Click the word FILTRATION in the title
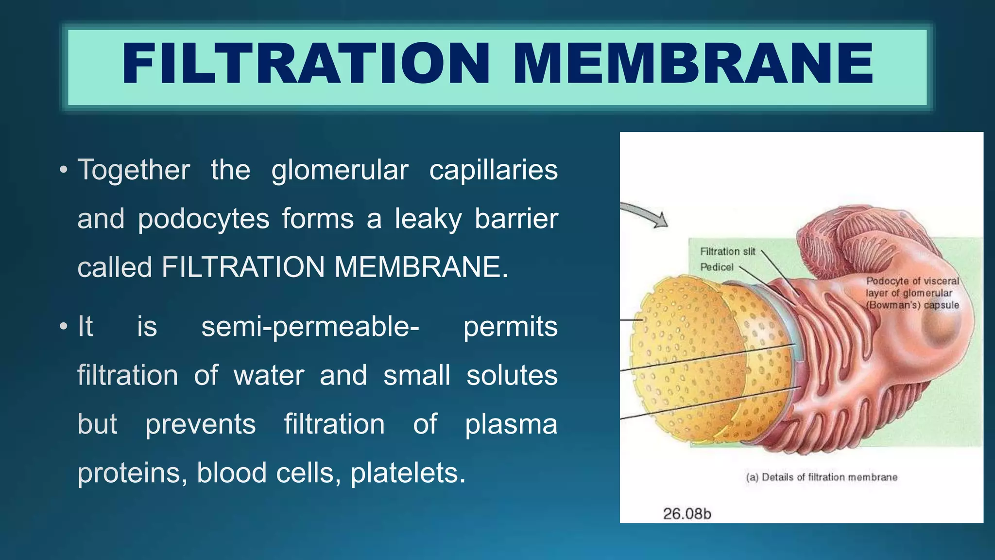click(x=306, y=64)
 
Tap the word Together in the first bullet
click(x=134, y=170)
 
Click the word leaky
click(x=428, y=219)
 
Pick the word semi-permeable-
click(x=310, y=327)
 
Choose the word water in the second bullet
click(x=269, y=376)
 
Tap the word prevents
click(x=200, y=425)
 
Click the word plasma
click(x=511, y=425)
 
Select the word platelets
click(x=408, y=473)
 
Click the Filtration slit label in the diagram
click(x=727, y=251)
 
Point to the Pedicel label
click(x=717, y=267)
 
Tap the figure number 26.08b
click(x=687, y=514)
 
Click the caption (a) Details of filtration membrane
click(x=822, y=477)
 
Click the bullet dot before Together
click(x=63, y=171)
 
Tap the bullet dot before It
click(x=63, y=327)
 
